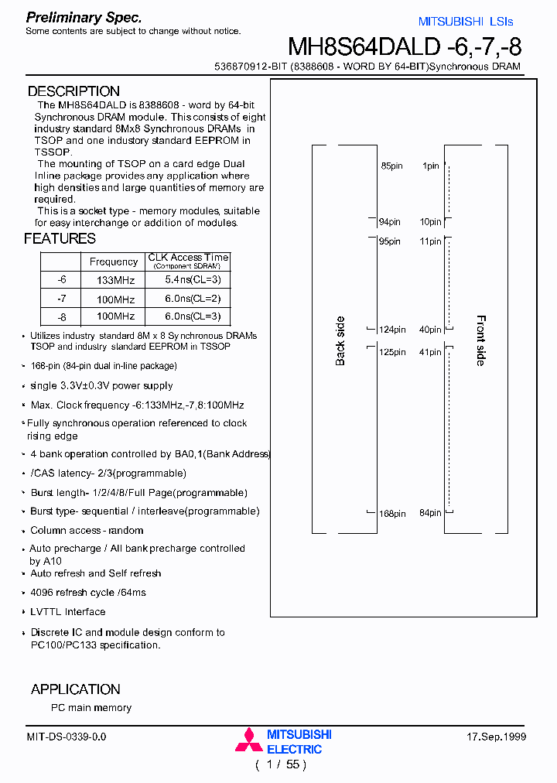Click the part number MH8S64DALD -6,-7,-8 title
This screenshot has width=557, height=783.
tap(405, 46)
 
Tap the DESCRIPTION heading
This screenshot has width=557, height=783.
tap(73, 91)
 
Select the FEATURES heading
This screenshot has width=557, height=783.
tap(60, 238)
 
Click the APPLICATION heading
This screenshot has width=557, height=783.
tap(75, 689)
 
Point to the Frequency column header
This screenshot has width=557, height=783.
tap(113, 262)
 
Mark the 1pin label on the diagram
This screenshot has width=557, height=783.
tap(430, 166)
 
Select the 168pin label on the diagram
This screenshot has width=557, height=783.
tap(392, 513)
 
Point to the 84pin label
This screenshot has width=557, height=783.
tap(429, 513)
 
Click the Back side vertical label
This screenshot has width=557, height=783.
tap(340, 341)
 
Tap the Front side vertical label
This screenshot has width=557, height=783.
tap(480, 340)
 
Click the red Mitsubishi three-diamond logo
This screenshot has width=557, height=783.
tap(249, 740)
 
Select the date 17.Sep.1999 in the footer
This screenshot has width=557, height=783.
tap(497, 737)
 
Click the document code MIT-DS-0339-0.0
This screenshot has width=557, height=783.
tap(67, 737)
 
